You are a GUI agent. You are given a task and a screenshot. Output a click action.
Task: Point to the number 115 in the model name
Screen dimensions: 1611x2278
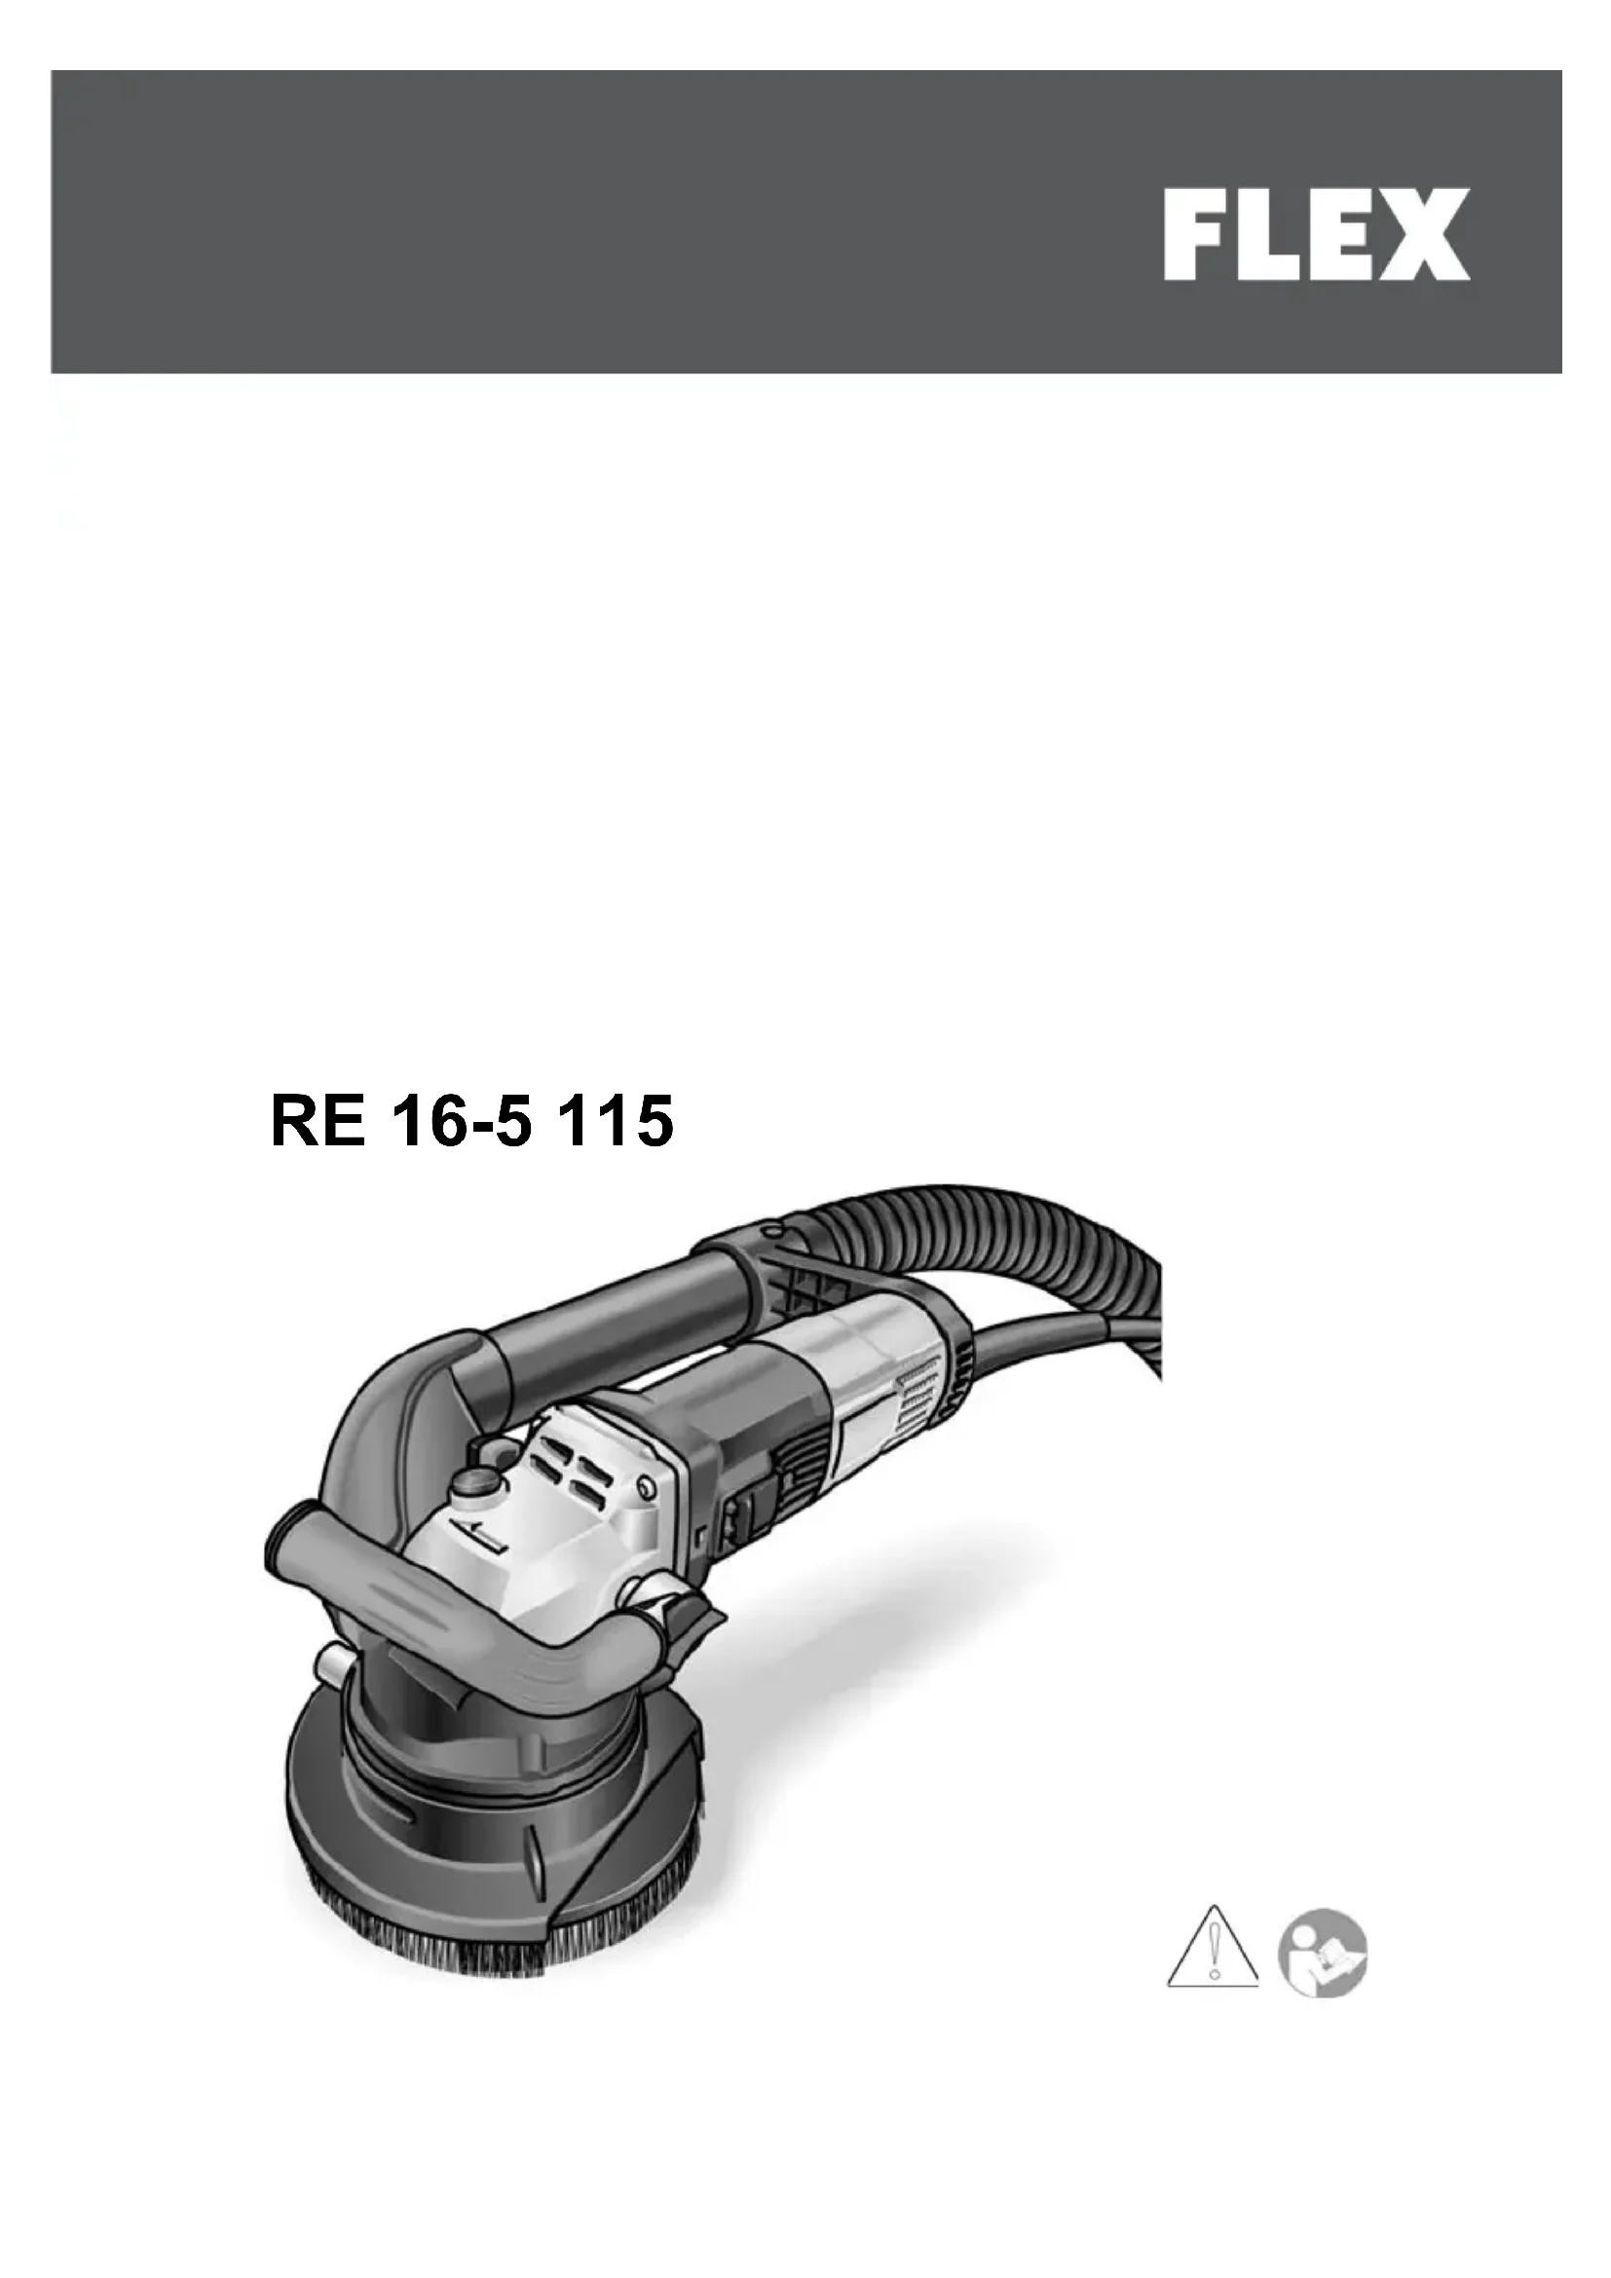click(616, 1121)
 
